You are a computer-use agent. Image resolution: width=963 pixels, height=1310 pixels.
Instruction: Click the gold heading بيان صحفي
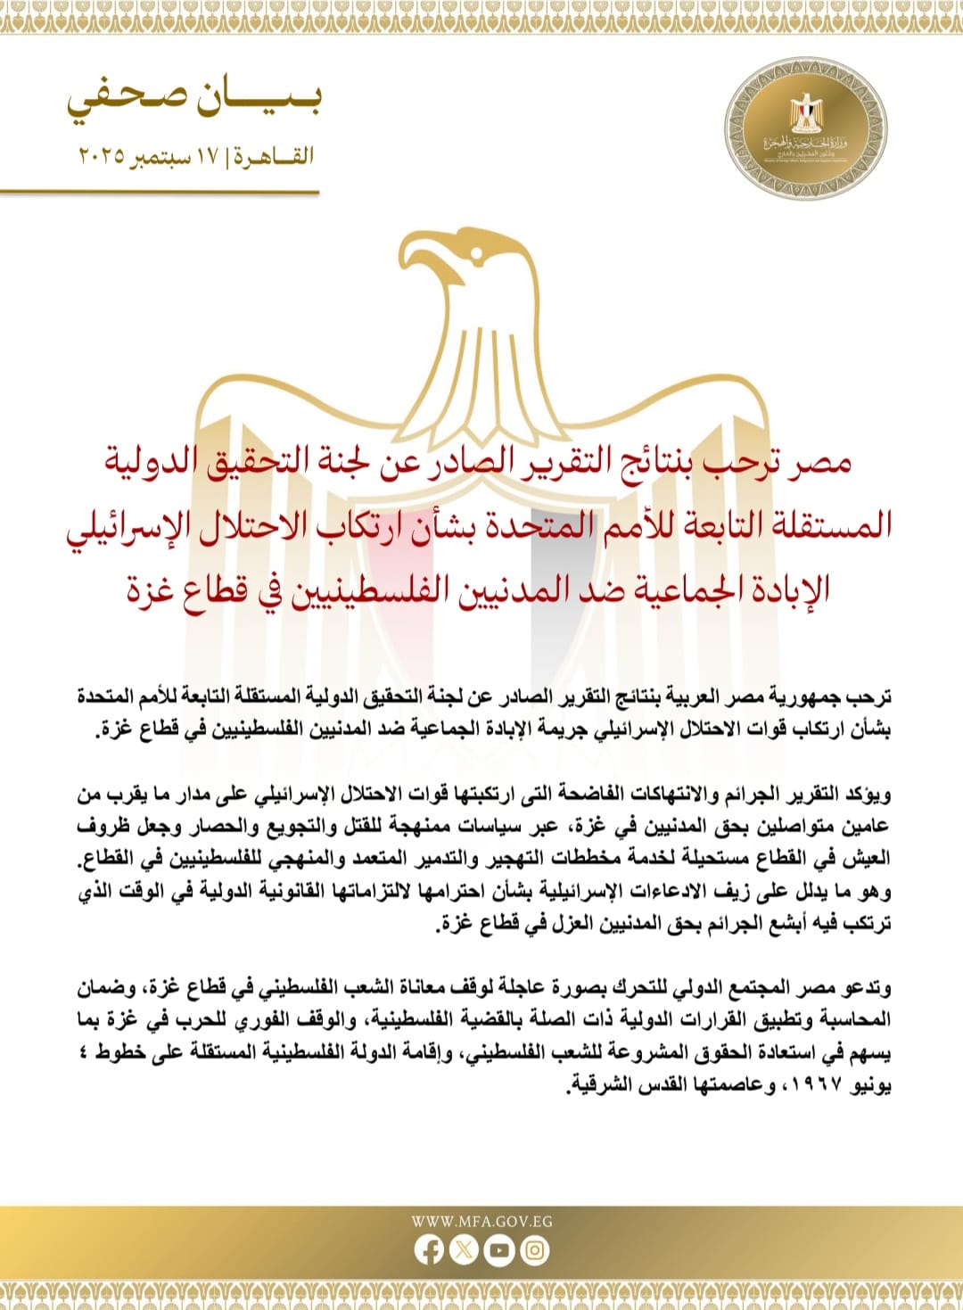pyautogui.click(x=193, y=100)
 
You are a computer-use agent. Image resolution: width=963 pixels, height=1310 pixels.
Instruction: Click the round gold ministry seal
pyautogui.click(x=805, y=128)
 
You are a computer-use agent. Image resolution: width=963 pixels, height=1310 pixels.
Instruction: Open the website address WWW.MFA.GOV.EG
pyautogui.click(x=481, y=1221)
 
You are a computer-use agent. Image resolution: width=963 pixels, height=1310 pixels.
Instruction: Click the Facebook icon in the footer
pyautogui.click(x=429, y=1250)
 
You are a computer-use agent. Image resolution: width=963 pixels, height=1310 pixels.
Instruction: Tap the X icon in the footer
pyautogui.click(x=464, y=1250)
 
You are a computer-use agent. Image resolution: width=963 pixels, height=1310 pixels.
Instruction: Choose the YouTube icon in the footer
pyautogui.click(x=498, y=1250)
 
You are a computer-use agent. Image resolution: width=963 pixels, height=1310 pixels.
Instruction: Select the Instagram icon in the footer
pyautogui.click(x=534, y=1250)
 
